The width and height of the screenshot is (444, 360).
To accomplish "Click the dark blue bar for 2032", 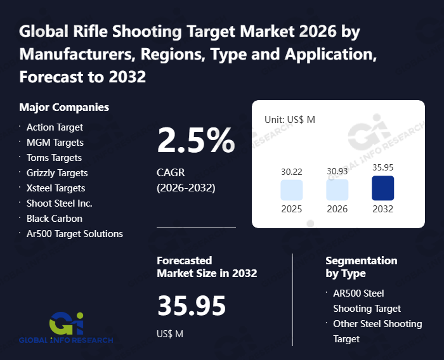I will (382, 188).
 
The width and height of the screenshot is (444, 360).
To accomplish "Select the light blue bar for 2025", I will (291, 190).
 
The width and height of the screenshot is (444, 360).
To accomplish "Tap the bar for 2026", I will (337, 190).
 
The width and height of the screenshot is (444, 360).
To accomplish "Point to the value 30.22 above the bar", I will (291, 171).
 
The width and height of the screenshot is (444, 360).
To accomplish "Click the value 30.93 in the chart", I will (337, 171).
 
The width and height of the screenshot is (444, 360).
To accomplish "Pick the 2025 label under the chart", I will (291, 209).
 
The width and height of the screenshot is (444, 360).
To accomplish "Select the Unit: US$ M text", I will (290, 119).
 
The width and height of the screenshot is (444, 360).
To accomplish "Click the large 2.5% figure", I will (195, 140).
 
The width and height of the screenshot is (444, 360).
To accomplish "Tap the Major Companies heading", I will (64, 107).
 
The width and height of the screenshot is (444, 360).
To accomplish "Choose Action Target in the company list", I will (55, 127).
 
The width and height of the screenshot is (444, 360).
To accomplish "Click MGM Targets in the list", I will (55, 143).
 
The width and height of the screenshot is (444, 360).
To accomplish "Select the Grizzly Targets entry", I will (57, 173).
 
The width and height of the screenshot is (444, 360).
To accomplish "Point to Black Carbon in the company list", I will (55, 219).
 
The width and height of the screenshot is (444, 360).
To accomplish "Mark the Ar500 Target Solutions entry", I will (75, 234).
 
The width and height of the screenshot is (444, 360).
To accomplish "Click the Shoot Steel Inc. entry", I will (60, 203).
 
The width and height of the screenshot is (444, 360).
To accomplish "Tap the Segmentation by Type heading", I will (361, 267).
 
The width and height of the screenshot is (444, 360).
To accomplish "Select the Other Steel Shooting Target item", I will (377, 331).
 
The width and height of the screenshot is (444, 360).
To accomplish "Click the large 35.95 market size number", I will (192, 306).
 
